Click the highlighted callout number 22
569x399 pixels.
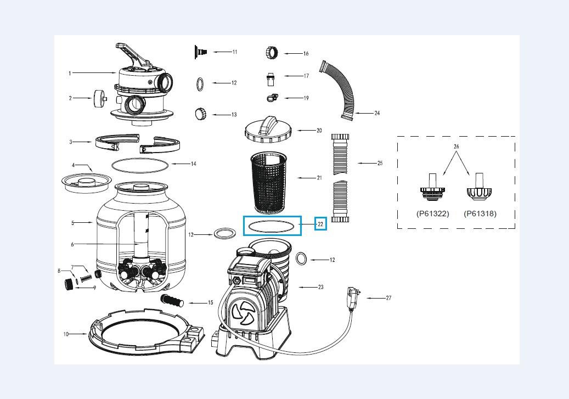320,224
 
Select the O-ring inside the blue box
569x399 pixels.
273,226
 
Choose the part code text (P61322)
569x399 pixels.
432,213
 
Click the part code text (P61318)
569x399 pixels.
480,213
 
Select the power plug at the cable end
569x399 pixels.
353,296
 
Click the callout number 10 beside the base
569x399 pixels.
66,334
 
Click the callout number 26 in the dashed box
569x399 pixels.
456,147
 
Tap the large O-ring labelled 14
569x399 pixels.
139,164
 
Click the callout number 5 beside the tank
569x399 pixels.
72,223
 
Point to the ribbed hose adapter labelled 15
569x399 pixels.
172,301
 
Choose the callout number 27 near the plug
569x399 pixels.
388,298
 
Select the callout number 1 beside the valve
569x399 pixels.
70,73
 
